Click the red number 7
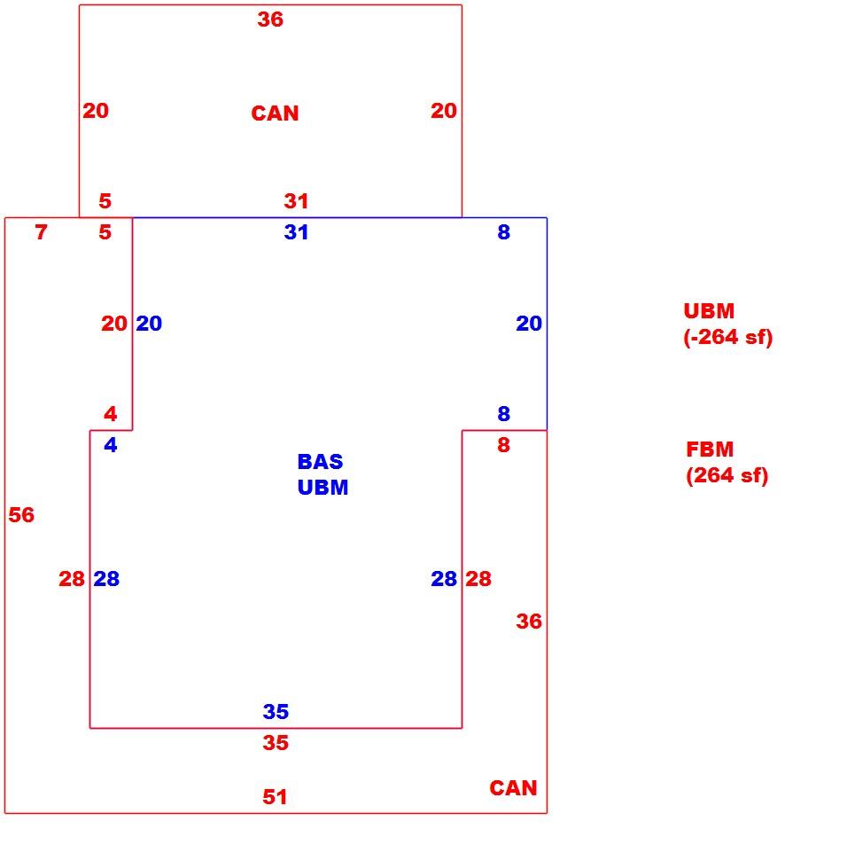pyautogui.click(x=41, y=232)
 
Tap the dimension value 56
pyautogui.click(x=21, y=515)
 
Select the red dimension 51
pyautogui.click(x=275, y=796)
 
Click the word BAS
pyautogui.click(x=320, y=461)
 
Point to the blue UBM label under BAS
pyautogui.click(x=323, y=487)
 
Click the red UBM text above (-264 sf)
pyautogui.click(x=709, y=310)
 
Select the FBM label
pyautogui.click(x=710, y=449)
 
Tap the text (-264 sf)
pyautogui.click(x=727, y=337)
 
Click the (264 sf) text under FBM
pyautogui.click(x=727, y=475)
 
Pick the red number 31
pyautogui.click(x=296, y=201)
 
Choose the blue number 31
pyautogui.click(x=296, y=232)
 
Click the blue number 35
pyautogui.click(x=276, y=711)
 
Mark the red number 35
pyautogui.click(x=276, y=742)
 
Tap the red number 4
pyautogui.click(x=111, y=413)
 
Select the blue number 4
pyautogui.click(x=111, y=444)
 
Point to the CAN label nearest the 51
pyautogui.click(x=513, y=787)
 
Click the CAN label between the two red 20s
pyautogui.click(x=275, y=113)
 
